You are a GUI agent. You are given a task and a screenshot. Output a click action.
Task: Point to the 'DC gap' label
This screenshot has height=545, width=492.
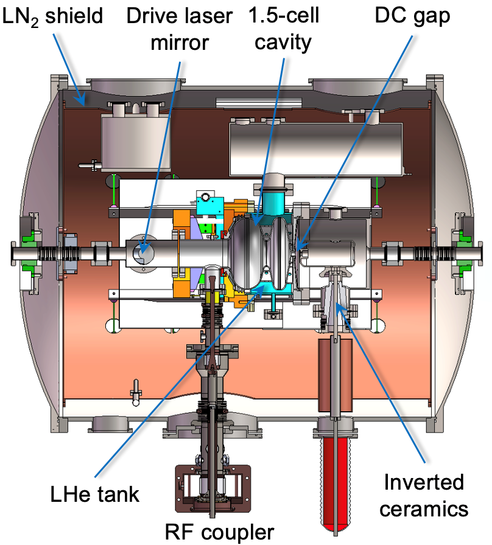(412, 16)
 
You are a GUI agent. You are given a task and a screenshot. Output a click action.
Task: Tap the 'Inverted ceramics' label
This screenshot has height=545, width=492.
(424, 495)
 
